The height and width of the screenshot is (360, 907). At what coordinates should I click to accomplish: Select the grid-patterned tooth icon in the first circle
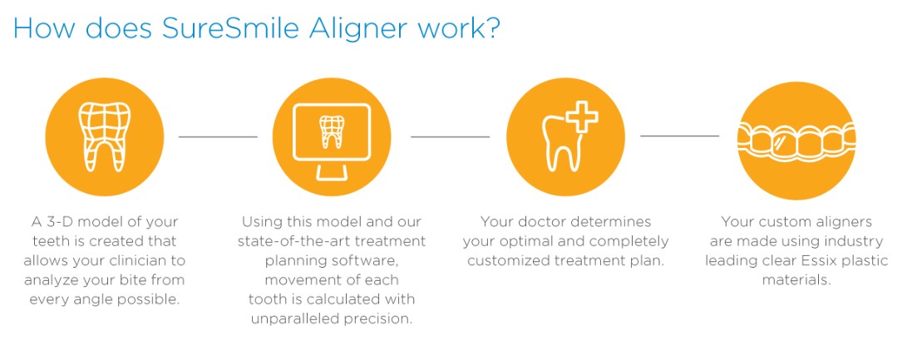104,137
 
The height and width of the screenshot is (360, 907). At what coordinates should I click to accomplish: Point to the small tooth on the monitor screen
332,131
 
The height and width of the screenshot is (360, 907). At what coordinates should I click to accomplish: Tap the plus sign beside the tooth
582,116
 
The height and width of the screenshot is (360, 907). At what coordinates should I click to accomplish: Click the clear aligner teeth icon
796,141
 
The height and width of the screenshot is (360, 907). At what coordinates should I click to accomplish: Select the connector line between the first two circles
218,137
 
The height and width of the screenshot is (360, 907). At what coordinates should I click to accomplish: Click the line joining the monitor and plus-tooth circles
450,137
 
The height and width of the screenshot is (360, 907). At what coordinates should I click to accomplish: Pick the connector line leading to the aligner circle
680,136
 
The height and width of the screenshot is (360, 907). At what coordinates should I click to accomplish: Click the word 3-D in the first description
56,222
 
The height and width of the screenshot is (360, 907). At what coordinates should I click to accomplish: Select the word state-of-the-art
284,241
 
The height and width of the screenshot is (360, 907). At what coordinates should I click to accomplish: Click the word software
372,260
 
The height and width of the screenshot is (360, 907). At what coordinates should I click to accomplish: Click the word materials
796,280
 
